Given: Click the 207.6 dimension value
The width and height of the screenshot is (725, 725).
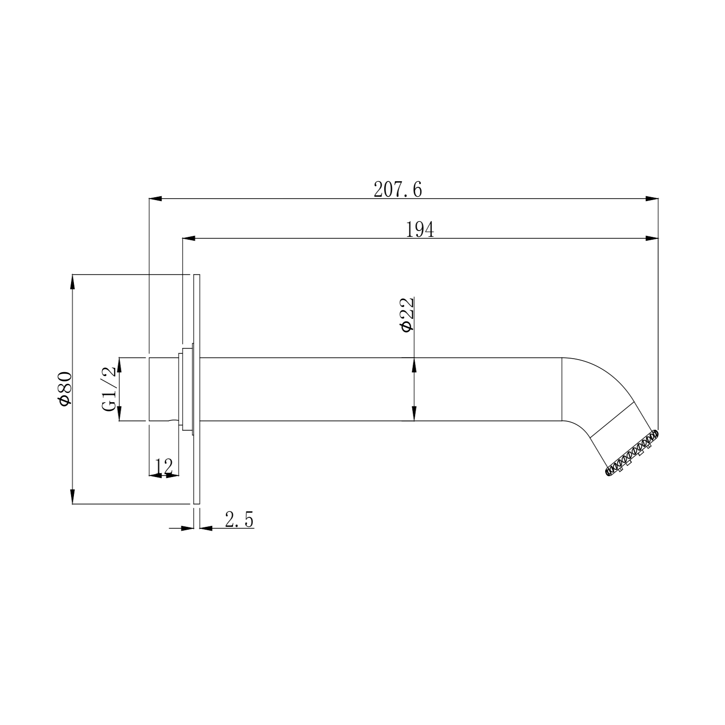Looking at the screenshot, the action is coord(398,189).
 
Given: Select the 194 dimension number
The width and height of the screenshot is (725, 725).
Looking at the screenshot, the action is coord(420,230).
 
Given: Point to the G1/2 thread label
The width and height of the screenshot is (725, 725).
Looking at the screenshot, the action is coord(109,389).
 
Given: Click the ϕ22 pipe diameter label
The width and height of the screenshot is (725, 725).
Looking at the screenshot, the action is coord(406,315).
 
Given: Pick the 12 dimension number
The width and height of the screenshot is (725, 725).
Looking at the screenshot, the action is coord(164,466).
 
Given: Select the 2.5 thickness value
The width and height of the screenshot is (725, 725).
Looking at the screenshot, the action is coord(239,520).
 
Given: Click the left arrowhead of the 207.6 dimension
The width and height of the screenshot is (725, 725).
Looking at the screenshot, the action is coord(155,198).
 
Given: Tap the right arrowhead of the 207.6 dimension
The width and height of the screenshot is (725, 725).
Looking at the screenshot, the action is coord(652,198).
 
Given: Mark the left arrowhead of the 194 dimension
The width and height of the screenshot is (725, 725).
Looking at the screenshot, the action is coord(188,238).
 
